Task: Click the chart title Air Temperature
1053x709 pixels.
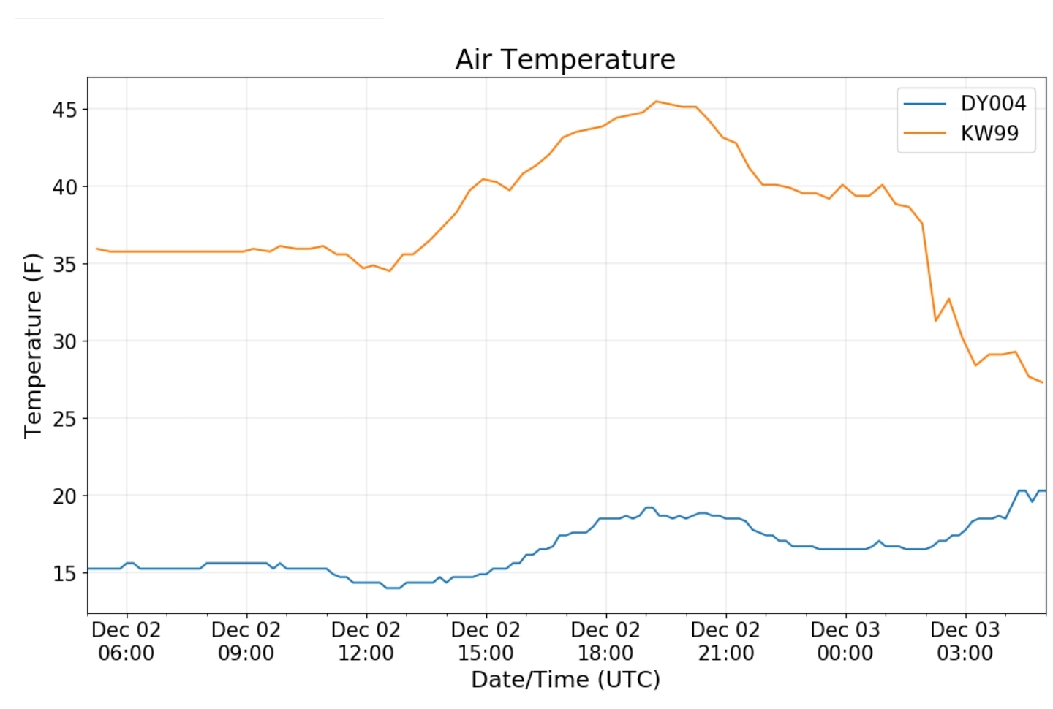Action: point(565,59)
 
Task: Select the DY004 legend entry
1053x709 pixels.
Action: point(992,104)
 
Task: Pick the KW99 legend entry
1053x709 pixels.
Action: point(989,134)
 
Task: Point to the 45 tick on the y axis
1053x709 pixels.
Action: point(64,110)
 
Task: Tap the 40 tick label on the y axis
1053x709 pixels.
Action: point(64,187)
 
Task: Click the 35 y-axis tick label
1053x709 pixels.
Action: point(64,265)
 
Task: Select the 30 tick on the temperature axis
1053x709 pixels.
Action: point(64,341)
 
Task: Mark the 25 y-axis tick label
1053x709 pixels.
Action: point(64,419)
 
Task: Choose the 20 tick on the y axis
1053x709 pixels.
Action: point(64,496)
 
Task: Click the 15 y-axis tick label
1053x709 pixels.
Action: point(64,574)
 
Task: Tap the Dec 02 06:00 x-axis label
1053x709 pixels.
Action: point(127,641)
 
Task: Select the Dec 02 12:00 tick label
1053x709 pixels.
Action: point(366,641)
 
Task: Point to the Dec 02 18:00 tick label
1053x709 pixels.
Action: point(605,641)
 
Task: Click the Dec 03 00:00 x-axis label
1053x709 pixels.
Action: point(845,641)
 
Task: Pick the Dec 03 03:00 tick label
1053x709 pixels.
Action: point(965,641)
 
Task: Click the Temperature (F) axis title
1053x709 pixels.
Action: point(33,345)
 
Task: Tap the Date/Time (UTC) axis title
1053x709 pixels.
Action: point(565,680)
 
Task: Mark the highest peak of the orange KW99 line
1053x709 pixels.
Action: point(656,102)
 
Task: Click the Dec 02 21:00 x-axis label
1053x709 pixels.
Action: point(725,641)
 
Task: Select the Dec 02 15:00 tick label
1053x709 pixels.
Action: point(486,641)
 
